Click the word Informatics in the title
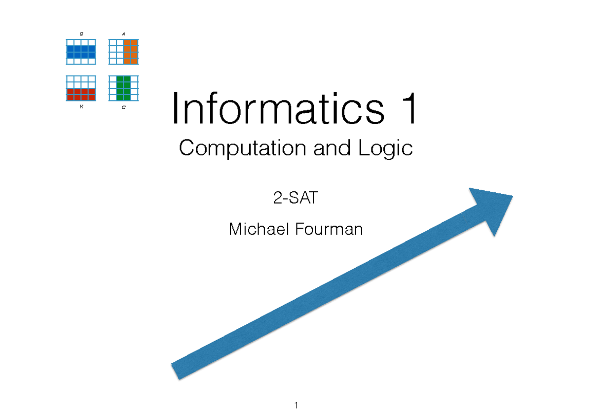269,110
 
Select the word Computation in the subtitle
243,148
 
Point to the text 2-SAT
296,199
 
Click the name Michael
259,229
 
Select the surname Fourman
329,229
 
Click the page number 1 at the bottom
296,405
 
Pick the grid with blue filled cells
80,52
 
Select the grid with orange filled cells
123,52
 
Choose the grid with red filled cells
80,88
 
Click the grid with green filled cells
123,88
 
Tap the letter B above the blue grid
81,34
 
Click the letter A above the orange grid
123,34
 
